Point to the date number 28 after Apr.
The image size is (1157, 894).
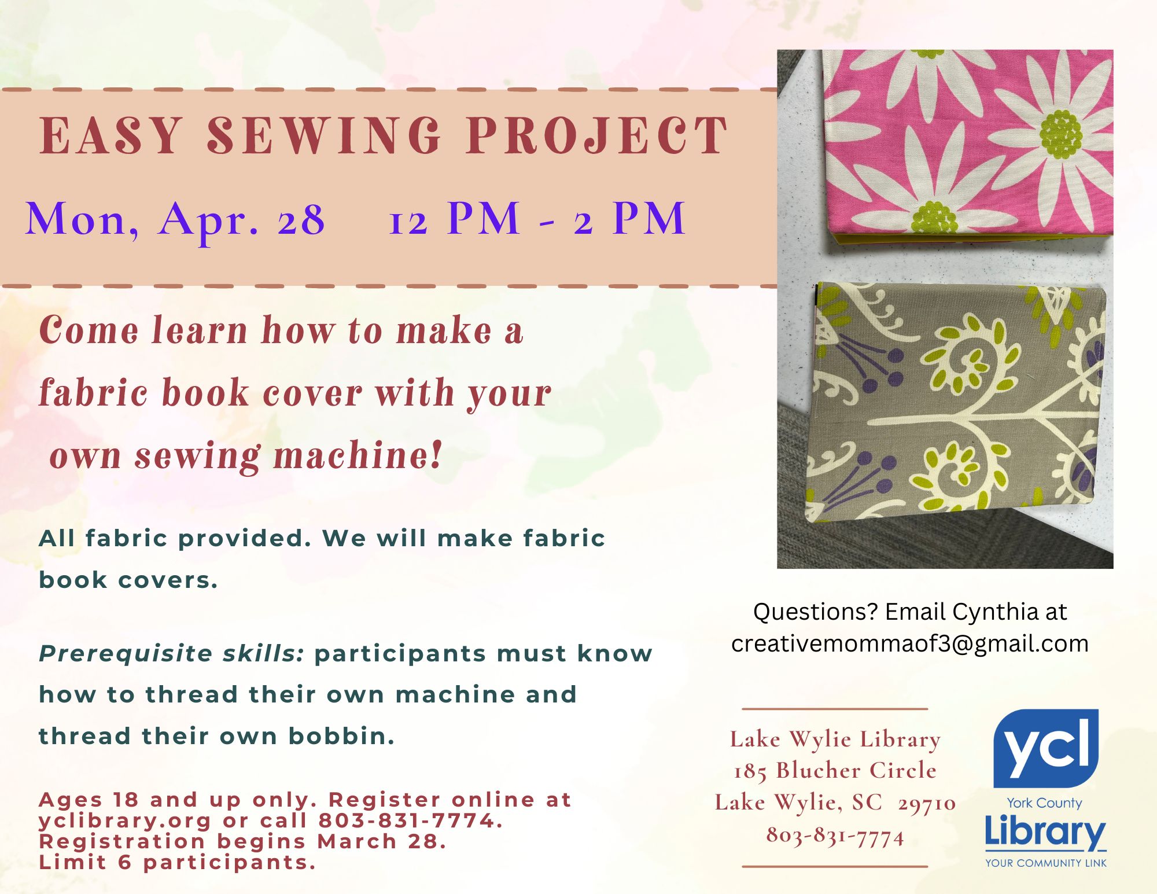point(301,220)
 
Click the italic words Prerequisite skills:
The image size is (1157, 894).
point(172,654)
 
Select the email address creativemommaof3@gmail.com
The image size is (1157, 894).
point(909,644)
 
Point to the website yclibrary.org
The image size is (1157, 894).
point(125,821)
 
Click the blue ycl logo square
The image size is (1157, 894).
point(1045,748)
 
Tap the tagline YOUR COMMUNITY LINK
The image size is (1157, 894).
point(1046,863)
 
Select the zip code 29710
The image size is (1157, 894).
point(927,803)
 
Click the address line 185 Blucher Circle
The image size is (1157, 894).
point(835,771)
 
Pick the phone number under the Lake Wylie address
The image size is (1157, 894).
point(835,836)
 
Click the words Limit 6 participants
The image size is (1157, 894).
point(178,863)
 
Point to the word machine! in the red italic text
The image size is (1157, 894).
point(358,455)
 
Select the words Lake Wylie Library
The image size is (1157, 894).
point(835,740)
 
